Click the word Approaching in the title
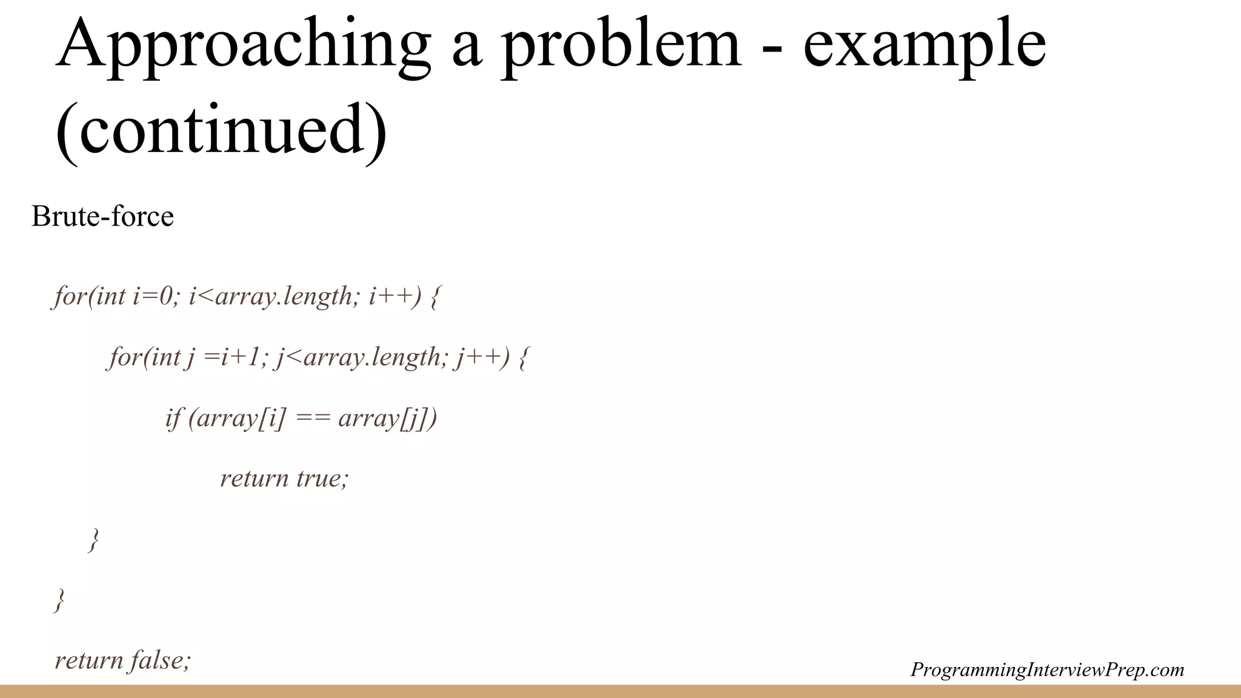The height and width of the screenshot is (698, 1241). (x=242, y=45)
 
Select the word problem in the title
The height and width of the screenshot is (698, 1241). (x=622, y=45)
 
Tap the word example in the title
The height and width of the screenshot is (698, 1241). (x=924, y=45)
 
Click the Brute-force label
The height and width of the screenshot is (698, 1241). (x=102, y=216)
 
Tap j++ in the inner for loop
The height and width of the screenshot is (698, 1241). (x=476, y=357)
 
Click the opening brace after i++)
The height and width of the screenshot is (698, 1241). (x=434, y=297)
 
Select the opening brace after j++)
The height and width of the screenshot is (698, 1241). (x=524, y=357)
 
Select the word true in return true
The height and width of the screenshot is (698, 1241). (x=322, y=479)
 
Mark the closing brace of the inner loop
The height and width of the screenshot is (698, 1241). (x=93, y=539)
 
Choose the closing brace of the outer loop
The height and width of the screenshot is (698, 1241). (x=59, y=600)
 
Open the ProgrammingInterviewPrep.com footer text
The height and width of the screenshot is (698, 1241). (x=1047, y=670)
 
